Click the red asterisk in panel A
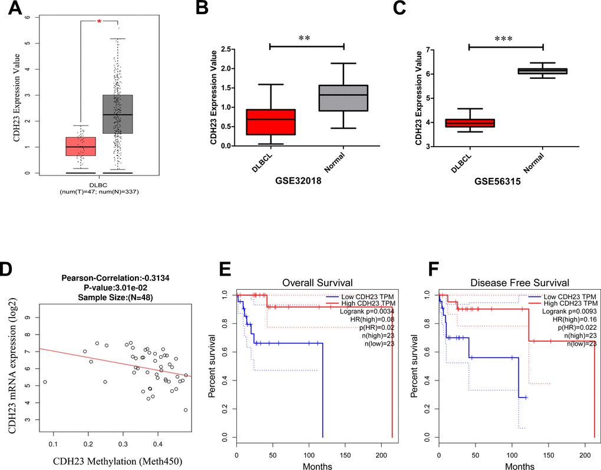(x=99, y=21)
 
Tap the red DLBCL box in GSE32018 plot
(x=269, y=122)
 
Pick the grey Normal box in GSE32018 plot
(x=343, y=98)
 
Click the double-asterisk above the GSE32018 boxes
(x=306, y=39)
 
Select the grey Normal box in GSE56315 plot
(x=542, y=71)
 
